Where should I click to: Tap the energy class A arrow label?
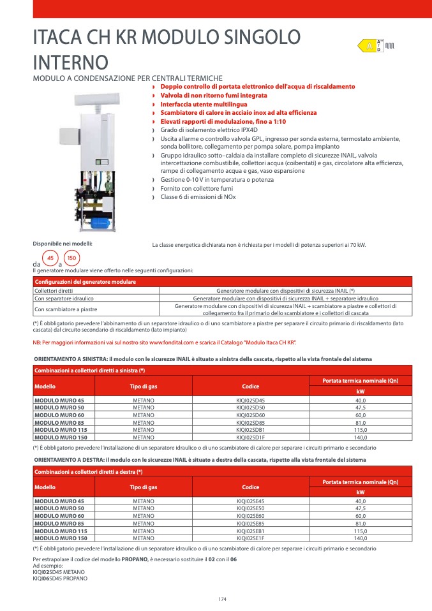coord(369,46)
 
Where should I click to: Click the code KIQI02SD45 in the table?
coord(250,400)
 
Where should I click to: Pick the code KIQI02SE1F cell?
coord(250,538)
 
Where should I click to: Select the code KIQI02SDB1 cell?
coord(250,430)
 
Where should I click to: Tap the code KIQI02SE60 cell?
coord(250,516)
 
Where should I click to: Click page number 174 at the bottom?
coord(222,598)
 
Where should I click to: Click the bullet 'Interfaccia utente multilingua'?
coord(204,104)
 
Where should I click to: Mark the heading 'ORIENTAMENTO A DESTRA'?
coord(69,460)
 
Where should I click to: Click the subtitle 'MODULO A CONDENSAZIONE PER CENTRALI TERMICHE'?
coord(128,78)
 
